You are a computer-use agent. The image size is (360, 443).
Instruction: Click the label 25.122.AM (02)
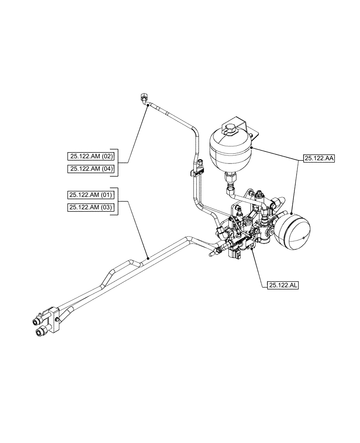(x=92, y=156)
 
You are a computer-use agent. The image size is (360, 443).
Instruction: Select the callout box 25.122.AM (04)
(x=92, y=168)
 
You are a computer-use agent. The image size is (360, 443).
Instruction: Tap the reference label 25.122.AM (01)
(x=92, y=194)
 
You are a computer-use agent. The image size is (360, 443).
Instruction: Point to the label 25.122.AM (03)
(x=92, y=207)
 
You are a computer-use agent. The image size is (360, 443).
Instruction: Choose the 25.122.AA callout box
(x=318, y=157)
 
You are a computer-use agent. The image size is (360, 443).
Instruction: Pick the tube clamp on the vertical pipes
(x=196, y=172)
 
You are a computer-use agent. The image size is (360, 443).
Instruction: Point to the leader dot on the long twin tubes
(x=148, y=257)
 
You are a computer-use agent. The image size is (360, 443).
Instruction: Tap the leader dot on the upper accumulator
(x=251, y=148)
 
